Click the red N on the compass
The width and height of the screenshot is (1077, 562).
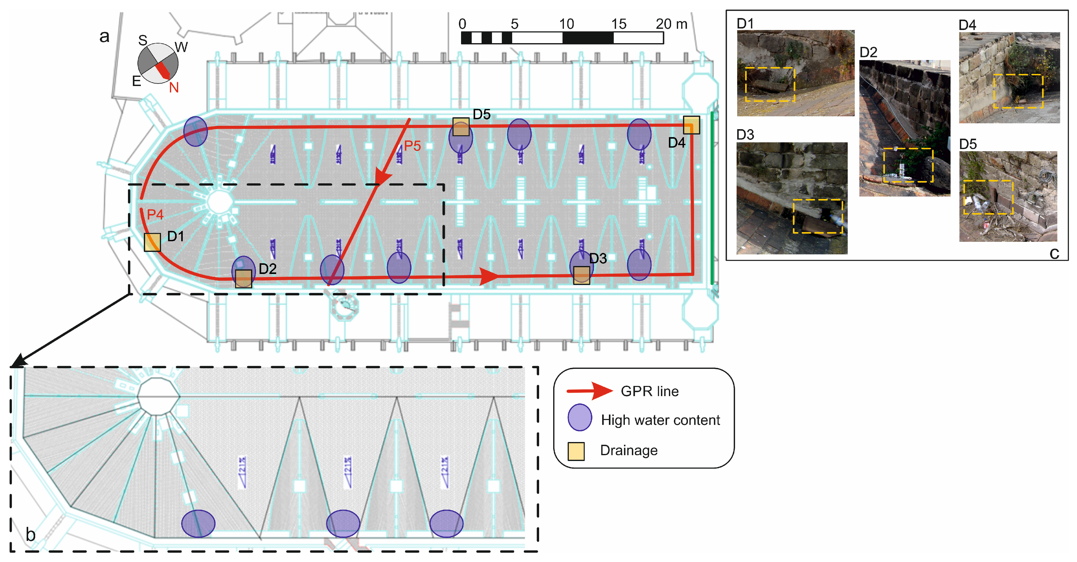[x=174, y=88]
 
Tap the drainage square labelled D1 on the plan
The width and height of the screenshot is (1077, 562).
[x=152, y=242]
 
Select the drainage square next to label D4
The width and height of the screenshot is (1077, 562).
[x=691, y=125]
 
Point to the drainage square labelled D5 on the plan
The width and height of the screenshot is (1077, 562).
[x=461, y=127]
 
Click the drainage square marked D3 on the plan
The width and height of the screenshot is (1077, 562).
[x=581, y=275]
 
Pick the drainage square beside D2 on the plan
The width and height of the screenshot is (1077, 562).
[x=243, y=279]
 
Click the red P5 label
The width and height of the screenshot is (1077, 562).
[x=412, y=146]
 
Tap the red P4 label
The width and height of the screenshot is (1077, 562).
[x=155, y=215]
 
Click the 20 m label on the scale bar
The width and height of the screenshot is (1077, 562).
[x=671, y=24]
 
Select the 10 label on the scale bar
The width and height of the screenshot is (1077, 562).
[x=567, y=24]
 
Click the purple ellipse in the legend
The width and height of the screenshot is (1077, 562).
[x=580, y=417]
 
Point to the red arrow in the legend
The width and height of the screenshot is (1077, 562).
[x=590, y=391]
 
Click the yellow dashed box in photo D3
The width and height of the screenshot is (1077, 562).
[x=817, y=216]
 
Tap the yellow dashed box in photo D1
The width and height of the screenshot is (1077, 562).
[x=770, y=84]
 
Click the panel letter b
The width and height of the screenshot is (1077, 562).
[x=31, y=534]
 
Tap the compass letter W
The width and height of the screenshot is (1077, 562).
[x=181, y=47]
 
